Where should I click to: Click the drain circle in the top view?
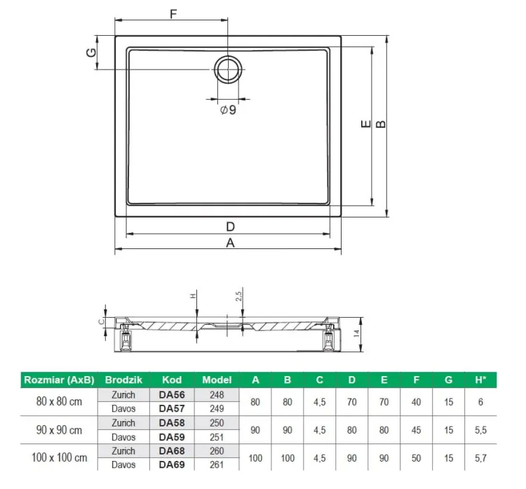[x=215, y=69]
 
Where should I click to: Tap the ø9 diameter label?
[x=228, y=109]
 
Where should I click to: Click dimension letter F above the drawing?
[x=173, y=14]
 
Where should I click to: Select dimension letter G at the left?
[x=91, y=53]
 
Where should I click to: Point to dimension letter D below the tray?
[x=231, y=227]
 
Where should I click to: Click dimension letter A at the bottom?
[x=230, y=243]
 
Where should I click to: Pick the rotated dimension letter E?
[x=366, y=124]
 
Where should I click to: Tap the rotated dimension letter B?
[x=380, y=124]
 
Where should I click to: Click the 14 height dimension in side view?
[x=356, y=333]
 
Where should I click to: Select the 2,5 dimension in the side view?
[x=238, y=296]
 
